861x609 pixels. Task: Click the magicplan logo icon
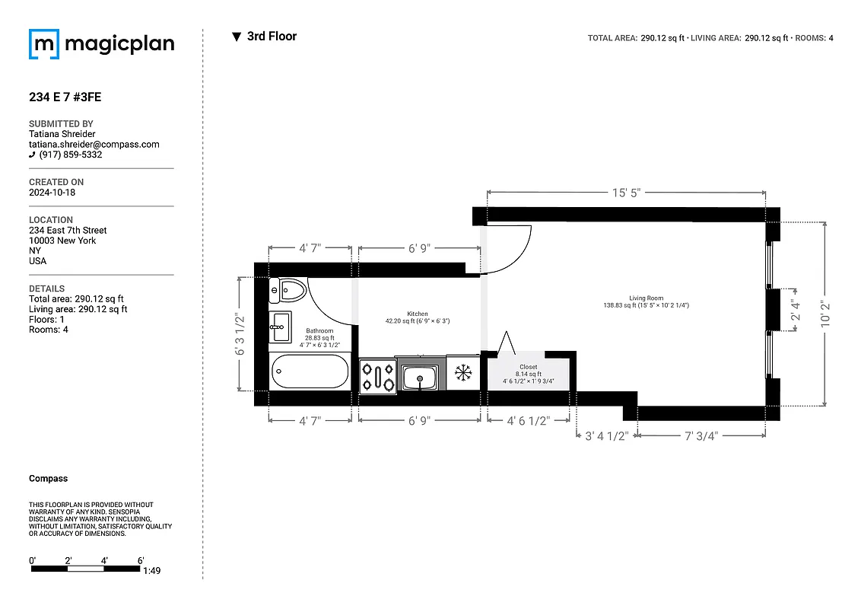coord(44,44)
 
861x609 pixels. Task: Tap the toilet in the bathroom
coord(289,289)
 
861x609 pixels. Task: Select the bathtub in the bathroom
coord(310,371)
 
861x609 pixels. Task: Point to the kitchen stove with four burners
coord(377,376)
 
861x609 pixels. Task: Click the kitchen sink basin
coord(419,377)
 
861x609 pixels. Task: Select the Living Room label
coord(646,298)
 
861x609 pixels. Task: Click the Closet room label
coord(528,367)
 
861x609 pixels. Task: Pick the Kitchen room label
coord(417,314)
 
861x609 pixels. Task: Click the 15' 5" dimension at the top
coord(626,193)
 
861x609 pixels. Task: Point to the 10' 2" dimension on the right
coord(826,314)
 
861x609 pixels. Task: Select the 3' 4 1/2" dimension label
coord(606,436)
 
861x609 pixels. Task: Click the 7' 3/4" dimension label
coord(701,436)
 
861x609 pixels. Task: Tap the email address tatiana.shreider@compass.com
coord(94,144)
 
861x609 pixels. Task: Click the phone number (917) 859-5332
coord(70,155)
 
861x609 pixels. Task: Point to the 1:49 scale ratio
coord(151,570)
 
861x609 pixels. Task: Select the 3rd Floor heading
coord(272,37)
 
